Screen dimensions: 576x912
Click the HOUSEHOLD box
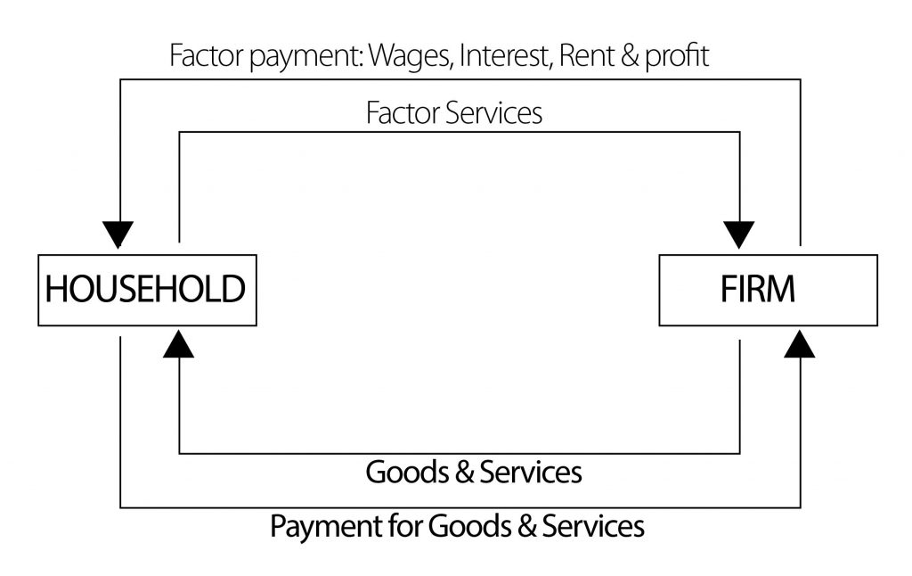pos(146,290)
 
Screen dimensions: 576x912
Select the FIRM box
pos(767,290)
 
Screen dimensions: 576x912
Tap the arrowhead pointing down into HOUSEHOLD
pos(118,235)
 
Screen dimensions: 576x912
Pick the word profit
pos(676,56)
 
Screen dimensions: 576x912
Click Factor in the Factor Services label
pos(400,113)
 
